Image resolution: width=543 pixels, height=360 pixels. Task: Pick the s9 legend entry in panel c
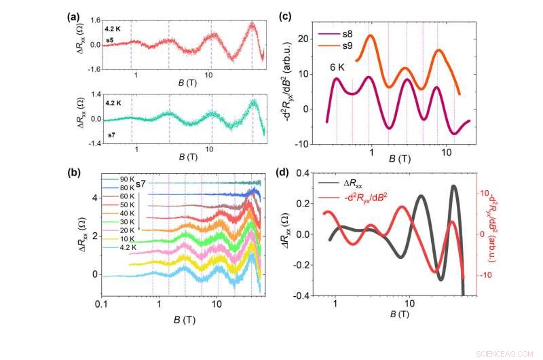(346, 45)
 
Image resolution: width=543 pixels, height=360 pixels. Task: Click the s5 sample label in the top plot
(109, 40)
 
